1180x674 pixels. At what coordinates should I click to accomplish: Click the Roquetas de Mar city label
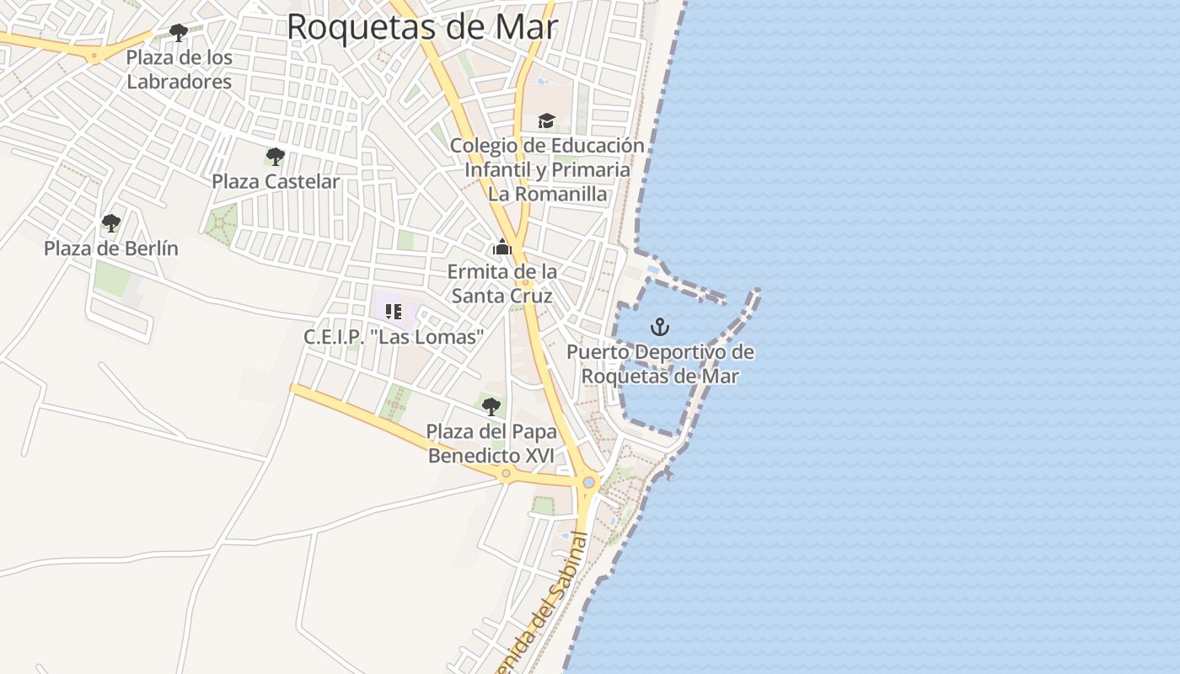coord(421,27)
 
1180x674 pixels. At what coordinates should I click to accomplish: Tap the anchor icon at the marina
coord(660,326)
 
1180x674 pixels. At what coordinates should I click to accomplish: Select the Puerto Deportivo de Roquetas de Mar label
coord(660,364)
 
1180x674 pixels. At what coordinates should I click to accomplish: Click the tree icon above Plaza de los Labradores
coord(178,33)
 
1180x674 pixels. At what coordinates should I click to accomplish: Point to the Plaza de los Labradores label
coord(179,70)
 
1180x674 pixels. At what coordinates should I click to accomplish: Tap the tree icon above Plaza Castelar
coord(275,156)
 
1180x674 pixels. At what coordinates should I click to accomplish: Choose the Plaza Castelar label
coord(276,181)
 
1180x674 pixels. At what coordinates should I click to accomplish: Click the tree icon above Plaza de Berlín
coord(110,223)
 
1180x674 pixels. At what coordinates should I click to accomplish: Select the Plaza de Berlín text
coord(111,249)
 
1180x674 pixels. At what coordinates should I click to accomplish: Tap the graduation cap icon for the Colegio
coord(546,121)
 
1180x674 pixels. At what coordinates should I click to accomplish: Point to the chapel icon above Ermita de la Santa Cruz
coord(502,248)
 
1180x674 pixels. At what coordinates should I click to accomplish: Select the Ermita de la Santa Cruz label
coord(502,284)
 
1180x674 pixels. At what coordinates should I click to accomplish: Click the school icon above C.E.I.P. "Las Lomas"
coord(393,312)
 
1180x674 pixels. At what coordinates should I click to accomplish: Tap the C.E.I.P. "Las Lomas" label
coord(394,337)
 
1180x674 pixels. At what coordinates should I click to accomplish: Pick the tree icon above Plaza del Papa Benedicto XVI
coord(491,407)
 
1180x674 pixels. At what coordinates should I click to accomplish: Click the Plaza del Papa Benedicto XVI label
coord(491,443)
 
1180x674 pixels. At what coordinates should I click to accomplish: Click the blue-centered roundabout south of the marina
coord(588,483)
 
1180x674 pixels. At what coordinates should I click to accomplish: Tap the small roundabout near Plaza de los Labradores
coord(94,56)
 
